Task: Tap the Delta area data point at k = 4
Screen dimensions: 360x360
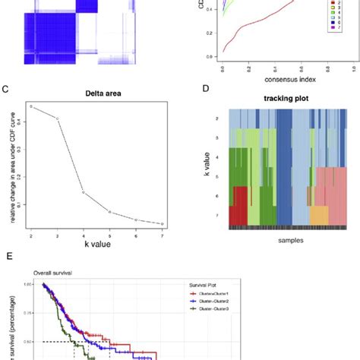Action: (x=84, y=193)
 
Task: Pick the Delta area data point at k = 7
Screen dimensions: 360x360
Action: (x=162, y=223)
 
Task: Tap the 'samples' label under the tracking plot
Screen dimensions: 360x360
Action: (x=271, y=240)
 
